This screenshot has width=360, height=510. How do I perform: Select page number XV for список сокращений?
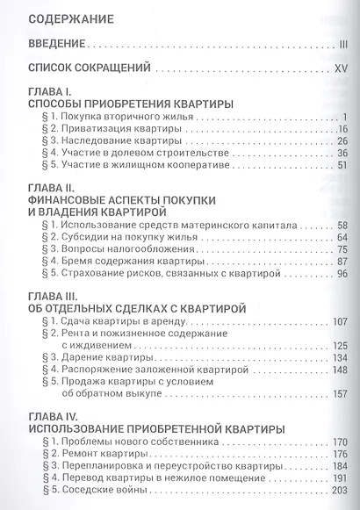341,67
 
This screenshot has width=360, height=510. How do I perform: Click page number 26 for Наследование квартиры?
342,141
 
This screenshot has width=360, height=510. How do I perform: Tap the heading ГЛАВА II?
53,188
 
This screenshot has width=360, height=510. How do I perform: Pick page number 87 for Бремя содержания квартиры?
342,262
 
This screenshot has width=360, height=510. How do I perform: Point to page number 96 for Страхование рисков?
342,274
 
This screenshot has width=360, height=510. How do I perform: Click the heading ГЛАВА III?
54,295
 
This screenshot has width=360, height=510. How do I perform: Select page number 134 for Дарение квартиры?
340,358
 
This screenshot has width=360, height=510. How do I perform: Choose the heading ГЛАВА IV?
54,415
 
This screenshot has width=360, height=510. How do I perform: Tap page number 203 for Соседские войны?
340,492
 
